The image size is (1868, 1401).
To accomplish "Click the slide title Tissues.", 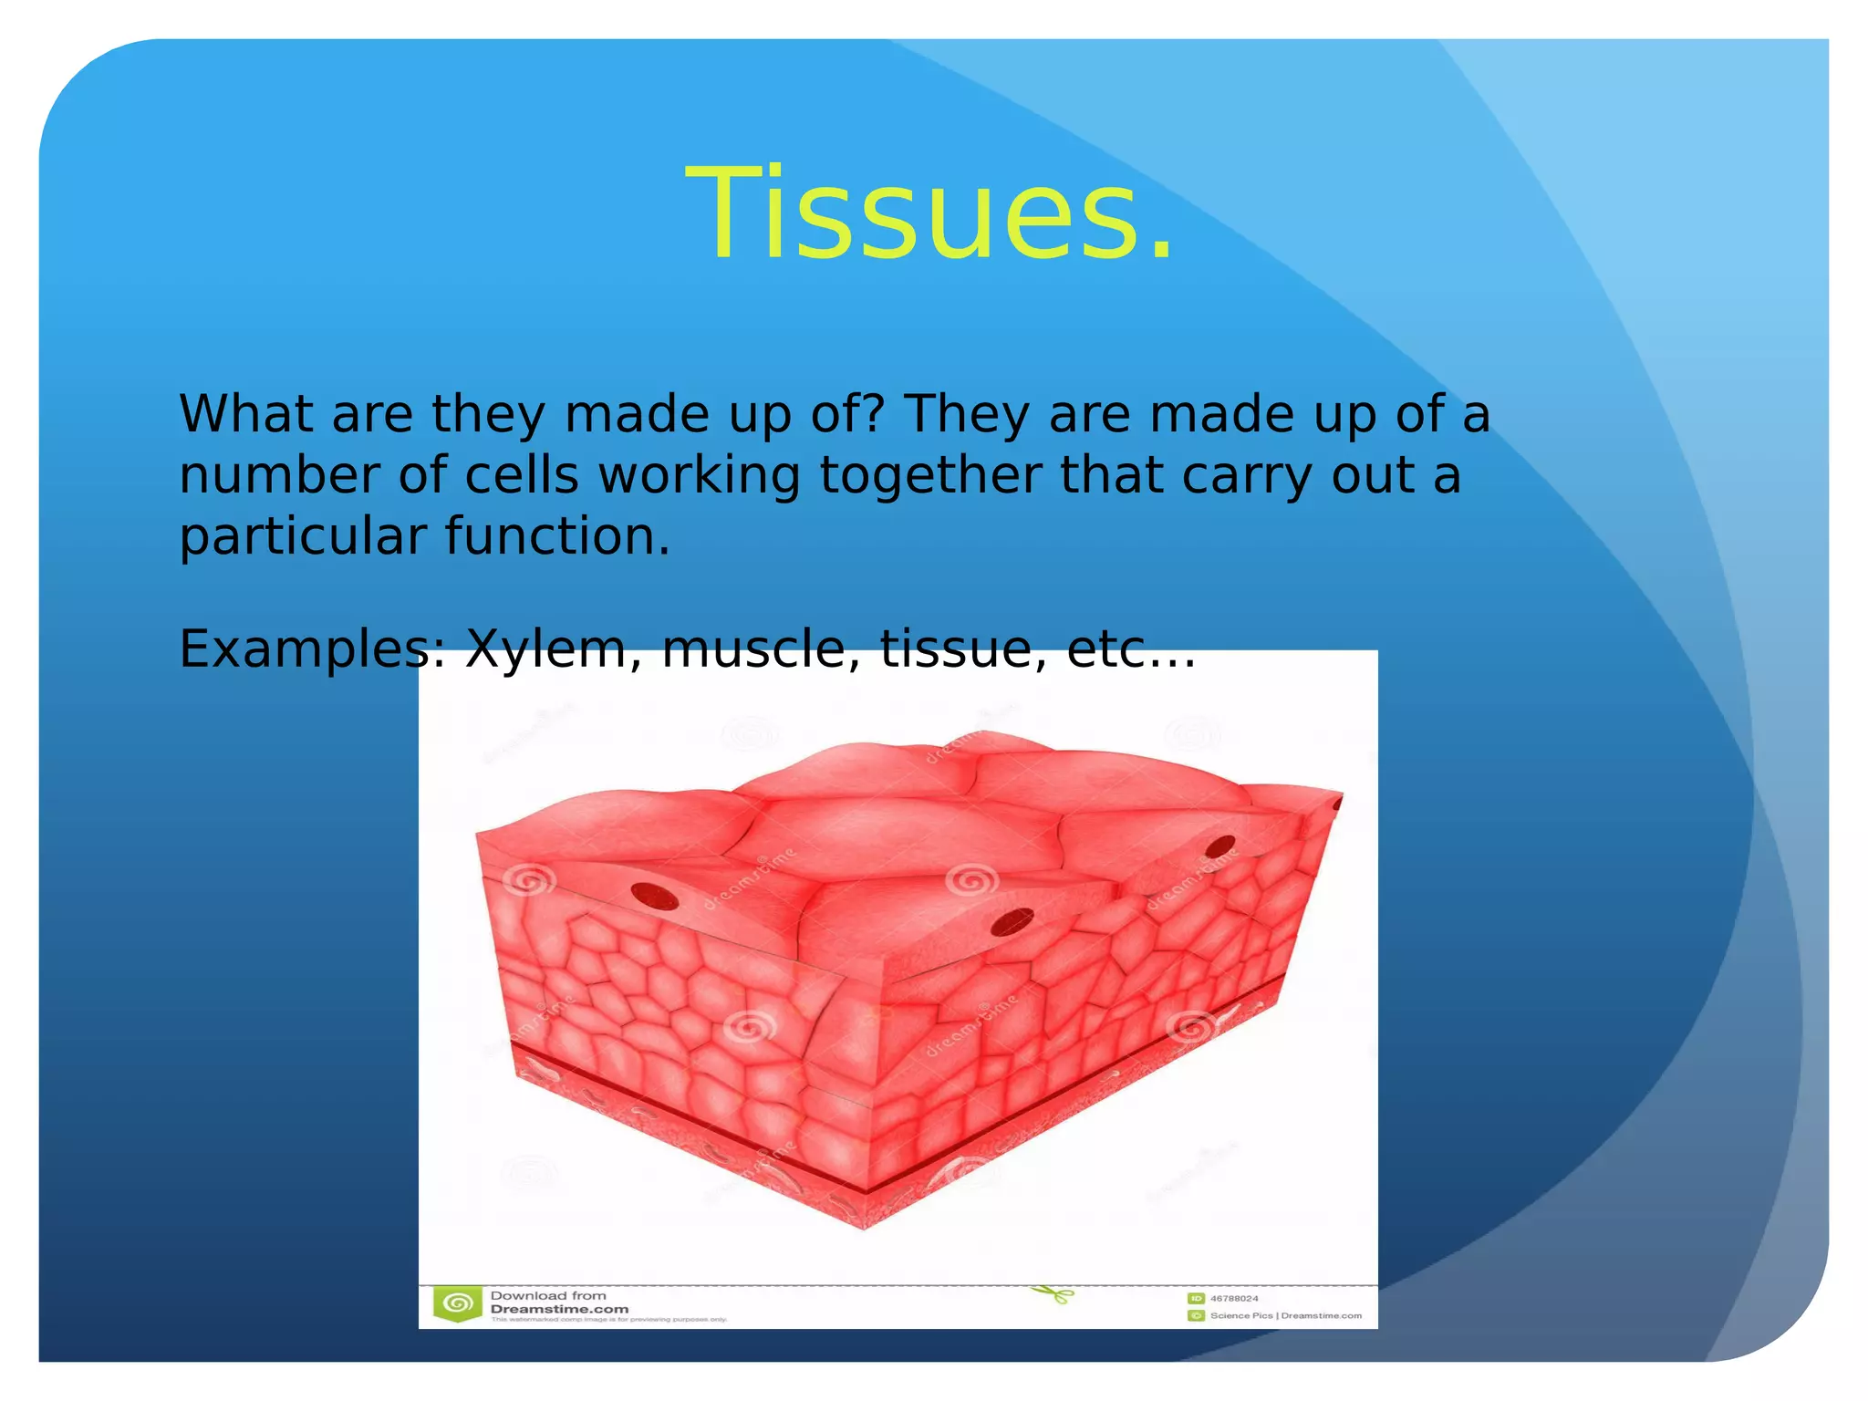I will click(929, 213).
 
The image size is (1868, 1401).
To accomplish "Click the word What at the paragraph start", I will click(245, 414).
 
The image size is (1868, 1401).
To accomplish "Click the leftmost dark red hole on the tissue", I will click(655, 897).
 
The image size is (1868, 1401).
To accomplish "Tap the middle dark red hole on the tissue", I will click(1012, 922).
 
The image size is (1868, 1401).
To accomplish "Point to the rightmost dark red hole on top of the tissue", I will click(1219, 847).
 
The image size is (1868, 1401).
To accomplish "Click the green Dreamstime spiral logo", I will click(457, 1303).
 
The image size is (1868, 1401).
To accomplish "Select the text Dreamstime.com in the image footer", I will click(559, 1309).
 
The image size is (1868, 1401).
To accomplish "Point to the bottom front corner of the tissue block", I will click(863, 1227).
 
